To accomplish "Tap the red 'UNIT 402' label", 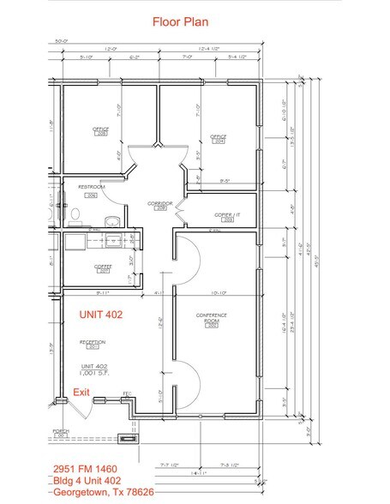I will [102, 315].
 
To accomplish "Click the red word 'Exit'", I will [81, 392].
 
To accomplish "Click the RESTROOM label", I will [91, 190].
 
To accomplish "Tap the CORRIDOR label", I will [159, 205].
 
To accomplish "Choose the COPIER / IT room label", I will [228, 216].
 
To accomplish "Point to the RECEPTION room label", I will [92, 344].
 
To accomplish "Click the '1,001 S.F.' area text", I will [93, 374].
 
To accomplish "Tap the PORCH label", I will [60, 433].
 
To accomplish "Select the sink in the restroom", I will [110, 222].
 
